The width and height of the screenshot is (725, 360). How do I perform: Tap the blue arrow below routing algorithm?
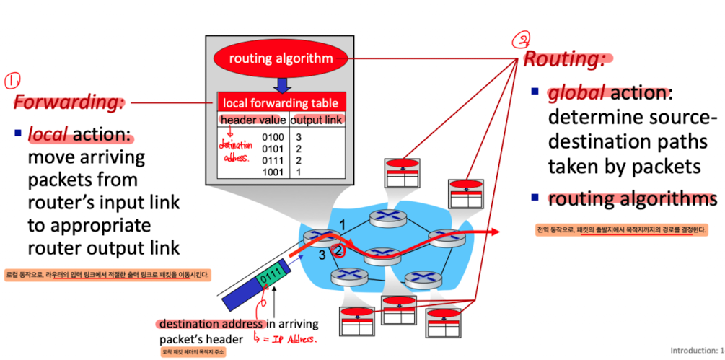[x=282, y=85]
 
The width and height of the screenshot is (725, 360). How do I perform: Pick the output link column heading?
[x=317, y=119]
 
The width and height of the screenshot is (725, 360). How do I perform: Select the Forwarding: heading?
[x=69, y=101]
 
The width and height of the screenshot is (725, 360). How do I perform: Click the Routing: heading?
[x=563, y=59]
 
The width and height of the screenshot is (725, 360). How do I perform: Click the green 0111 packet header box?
[x=269, y=275]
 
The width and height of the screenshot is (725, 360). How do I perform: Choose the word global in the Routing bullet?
[x=578, y=94]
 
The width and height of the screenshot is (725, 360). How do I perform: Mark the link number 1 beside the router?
[x=343, y=223]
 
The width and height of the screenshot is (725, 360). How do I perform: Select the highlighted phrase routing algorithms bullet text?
[x=632, y=198]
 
